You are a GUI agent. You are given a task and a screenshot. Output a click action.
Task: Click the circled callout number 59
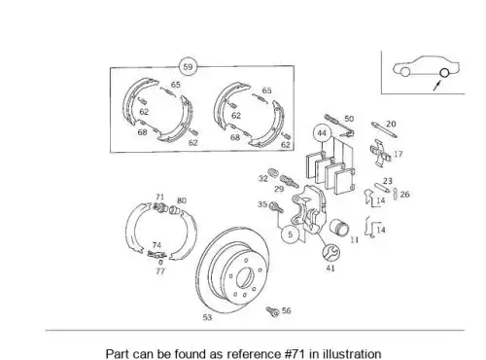(x=188, y=67)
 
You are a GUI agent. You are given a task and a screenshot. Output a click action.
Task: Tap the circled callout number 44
(x=322, y=133)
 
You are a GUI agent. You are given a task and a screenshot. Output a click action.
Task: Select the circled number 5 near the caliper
(x=291, y=234)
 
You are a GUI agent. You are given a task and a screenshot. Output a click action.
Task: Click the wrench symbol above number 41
(x=331, y=252)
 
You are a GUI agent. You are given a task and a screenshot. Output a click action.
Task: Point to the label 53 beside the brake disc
(x=207, y=317)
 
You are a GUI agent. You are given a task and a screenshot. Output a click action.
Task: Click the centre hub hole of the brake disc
(x=244, y=278)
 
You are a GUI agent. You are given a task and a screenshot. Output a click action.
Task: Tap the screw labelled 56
(x=273, y=311)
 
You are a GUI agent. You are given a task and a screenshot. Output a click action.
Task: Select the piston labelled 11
(x=339, y=227)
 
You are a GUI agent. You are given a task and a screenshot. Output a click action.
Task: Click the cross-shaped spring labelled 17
(x=380, y=153)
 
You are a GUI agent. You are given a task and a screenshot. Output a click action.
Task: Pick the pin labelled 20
(x=384, y=129)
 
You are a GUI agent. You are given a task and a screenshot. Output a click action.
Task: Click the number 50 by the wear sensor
(x=349, y=119)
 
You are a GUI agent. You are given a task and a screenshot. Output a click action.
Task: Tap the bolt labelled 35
(x=276, y=207)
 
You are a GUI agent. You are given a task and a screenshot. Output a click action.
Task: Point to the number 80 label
(x=182, y=200)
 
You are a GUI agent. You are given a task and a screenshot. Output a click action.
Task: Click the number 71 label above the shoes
(x=159, y=197)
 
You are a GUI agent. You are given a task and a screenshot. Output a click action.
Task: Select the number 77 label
(x=160, y=271)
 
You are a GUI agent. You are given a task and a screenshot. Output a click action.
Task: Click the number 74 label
(x=156, y=245)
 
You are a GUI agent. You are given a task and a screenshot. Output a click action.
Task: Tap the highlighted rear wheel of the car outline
(x=444, y=73)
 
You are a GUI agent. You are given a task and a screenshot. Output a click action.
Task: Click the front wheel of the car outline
(x=405, y=72)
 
